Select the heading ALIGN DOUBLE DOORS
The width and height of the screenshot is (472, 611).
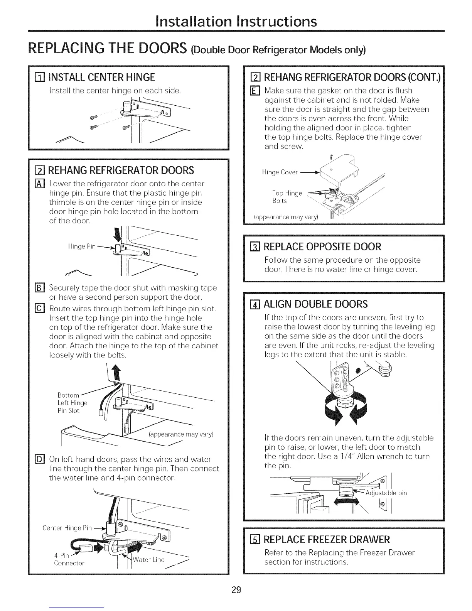[x=315, y=304]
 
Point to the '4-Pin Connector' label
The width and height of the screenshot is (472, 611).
[x=69, y=559]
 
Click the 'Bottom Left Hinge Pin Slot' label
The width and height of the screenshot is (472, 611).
[x=72, y=403]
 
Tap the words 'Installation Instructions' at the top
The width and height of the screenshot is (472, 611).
[x=236, y=21]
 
